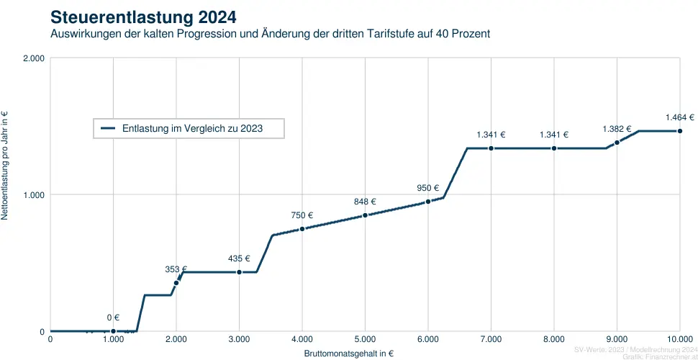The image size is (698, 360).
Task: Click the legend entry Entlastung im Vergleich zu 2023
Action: (191, 128)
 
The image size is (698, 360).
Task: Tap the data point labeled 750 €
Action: (302, 229)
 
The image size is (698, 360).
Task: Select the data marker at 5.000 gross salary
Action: (365, 215)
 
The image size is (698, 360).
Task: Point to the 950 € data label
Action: (428, 188)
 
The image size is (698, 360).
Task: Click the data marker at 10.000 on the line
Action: (680, 131)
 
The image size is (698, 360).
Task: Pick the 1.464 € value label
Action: (679, 117)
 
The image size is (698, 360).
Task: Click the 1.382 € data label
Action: (617, 129)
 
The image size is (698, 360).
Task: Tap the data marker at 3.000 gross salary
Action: (239, 272)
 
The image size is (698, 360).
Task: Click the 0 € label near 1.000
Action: (113, 318)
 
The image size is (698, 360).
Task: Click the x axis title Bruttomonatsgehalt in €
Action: (348, 354)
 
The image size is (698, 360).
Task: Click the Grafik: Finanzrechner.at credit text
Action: (660, 356)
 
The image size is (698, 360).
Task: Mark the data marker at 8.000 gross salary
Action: (554, 148)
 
